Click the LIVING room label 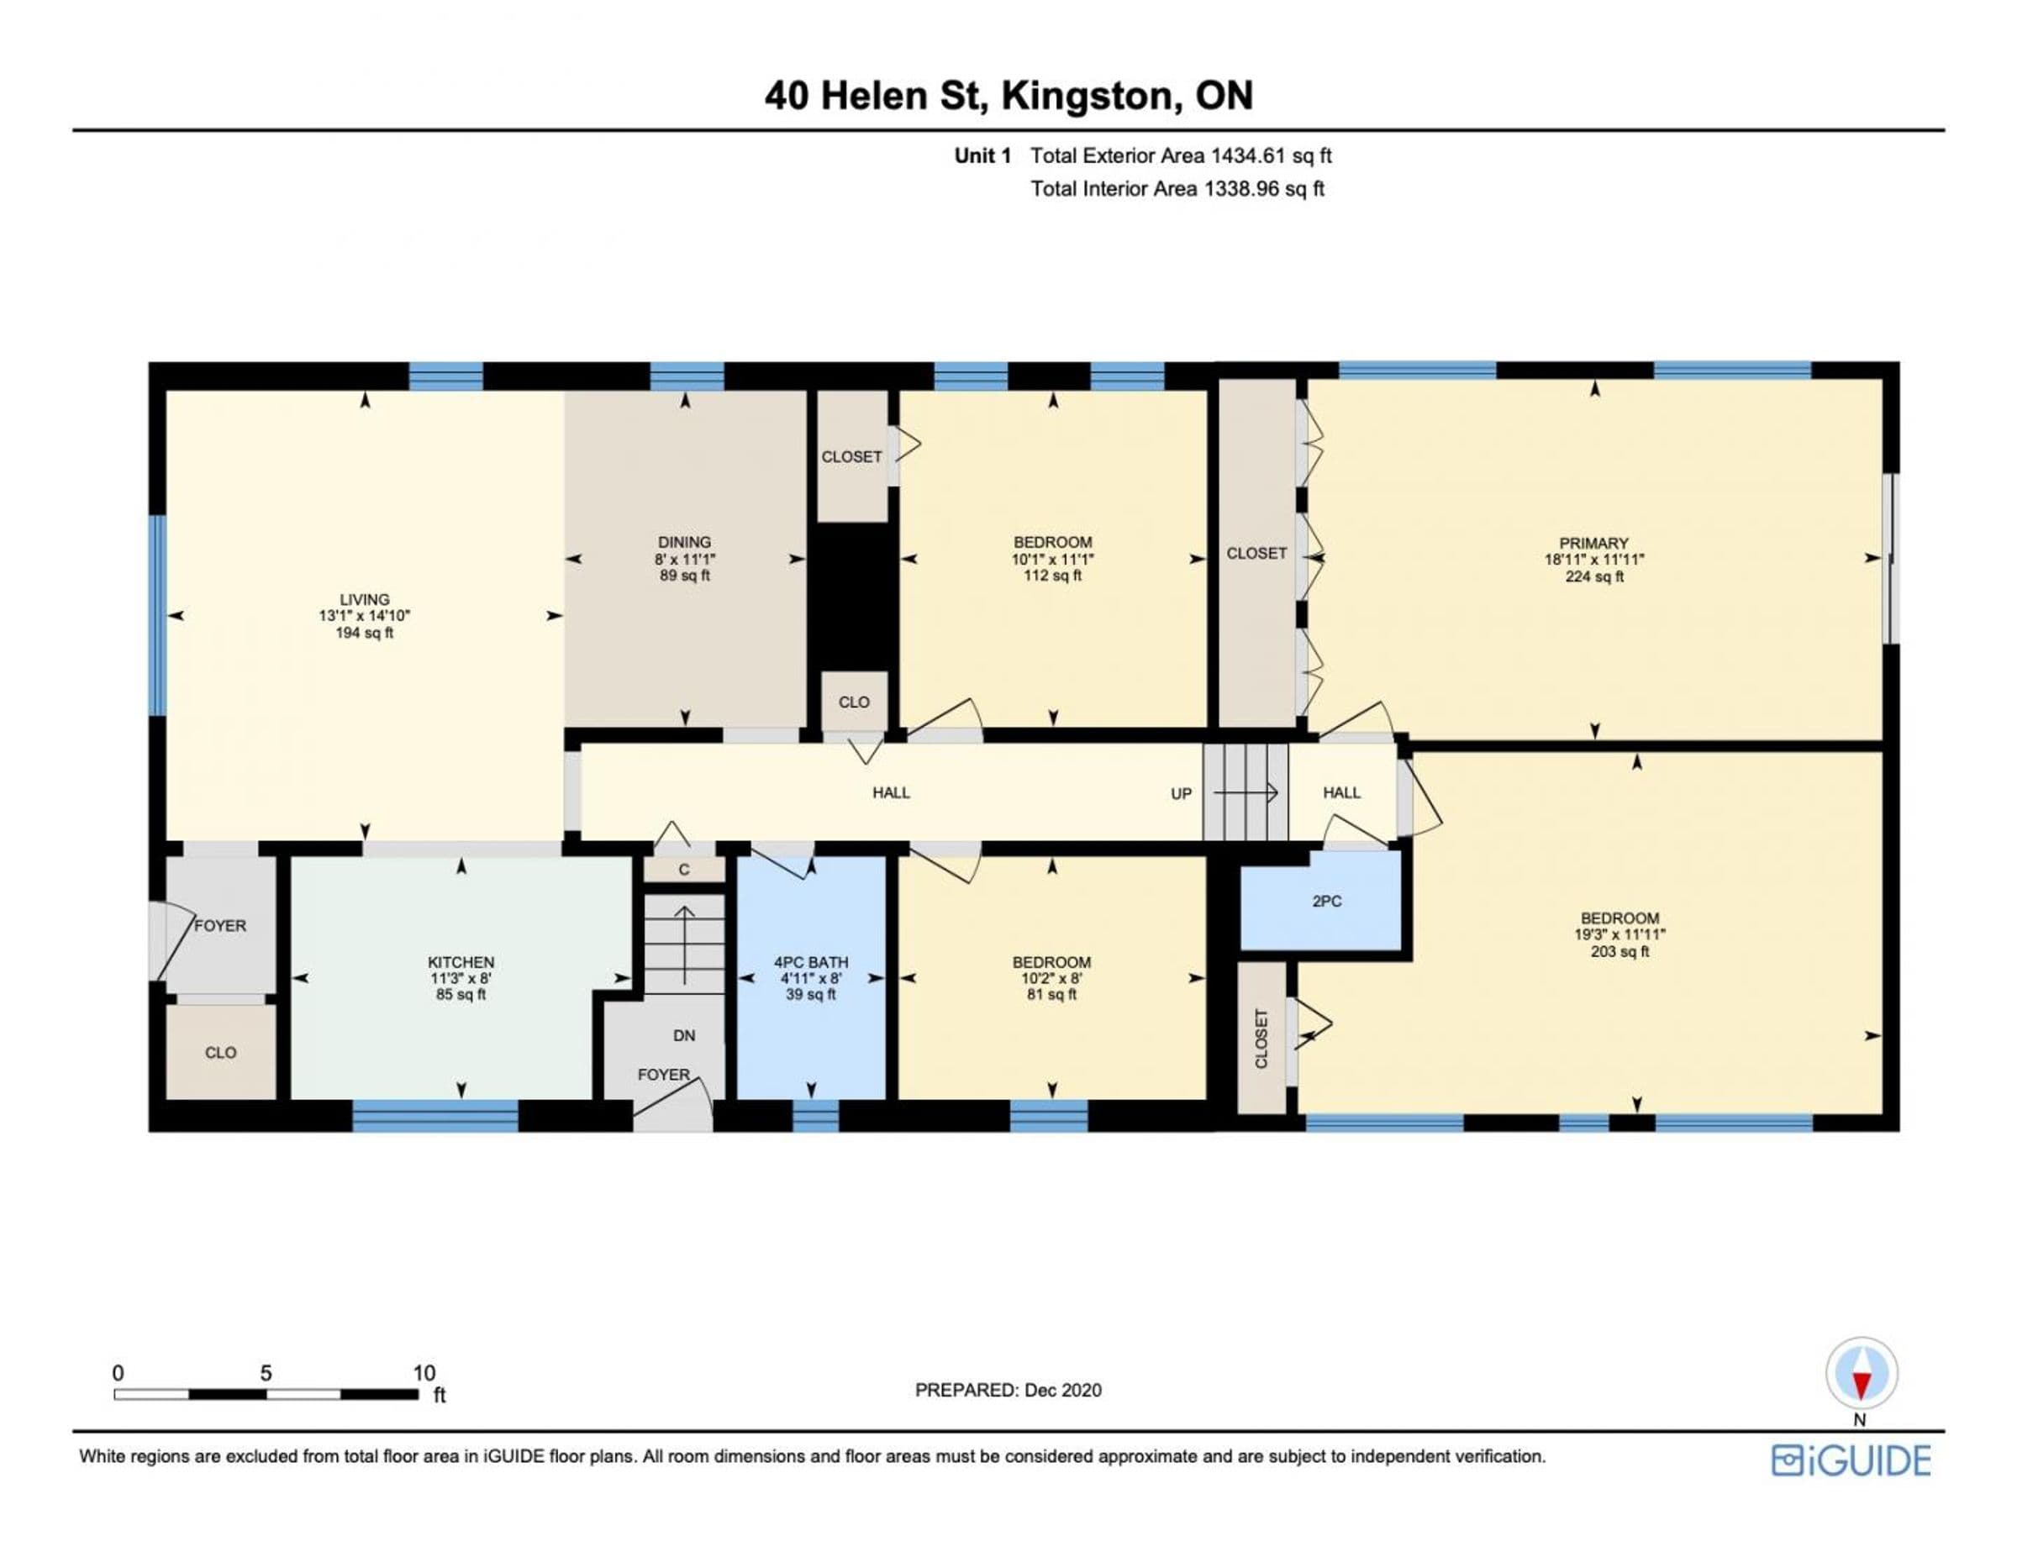click(365, 599)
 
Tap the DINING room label click(684, 542)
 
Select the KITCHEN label click(461, 962)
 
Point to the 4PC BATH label click(811, 962)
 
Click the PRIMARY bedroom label click(1594, 543)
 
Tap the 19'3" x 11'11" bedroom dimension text click(1619, 934)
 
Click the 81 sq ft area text click(1052, 995)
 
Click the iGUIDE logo click(1851, 1460)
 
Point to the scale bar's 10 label click(424, 1372)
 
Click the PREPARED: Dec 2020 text click(1008, 1390)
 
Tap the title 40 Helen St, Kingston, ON click(1008, 95)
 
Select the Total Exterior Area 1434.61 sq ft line click(1181, 156)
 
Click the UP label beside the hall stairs click(1181, 793)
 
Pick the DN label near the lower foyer click(684, 1036)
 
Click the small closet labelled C click(684, 869)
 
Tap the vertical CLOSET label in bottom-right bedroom click(1261, 1039)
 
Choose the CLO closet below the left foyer click(221, 1052)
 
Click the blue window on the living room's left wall click(158, 615)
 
